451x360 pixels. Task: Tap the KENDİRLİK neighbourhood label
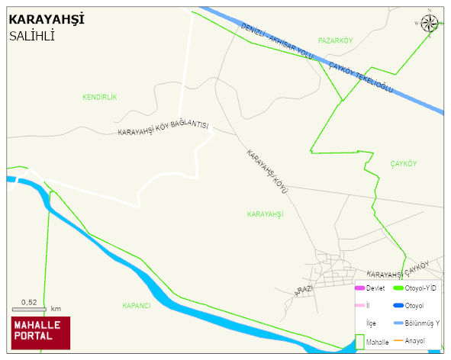pos(99,97)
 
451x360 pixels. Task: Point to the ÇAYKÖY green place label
pos(404,164)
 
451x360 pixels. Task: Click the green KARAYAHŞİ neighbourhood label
pos(265,214)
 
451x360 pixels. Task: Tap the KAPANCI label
pos(137,305)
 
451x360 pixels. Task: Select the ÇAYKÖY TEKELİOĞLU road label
pos(360,78)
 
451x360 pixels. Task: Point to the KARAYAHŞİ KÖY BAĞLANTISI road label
pos(163,130)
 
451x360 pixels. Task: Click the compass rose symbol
pos(430,24)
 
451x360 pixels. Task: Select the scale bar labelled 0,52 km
pos(30,308)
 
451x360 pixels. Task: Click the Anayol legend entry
pos(414,340)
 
